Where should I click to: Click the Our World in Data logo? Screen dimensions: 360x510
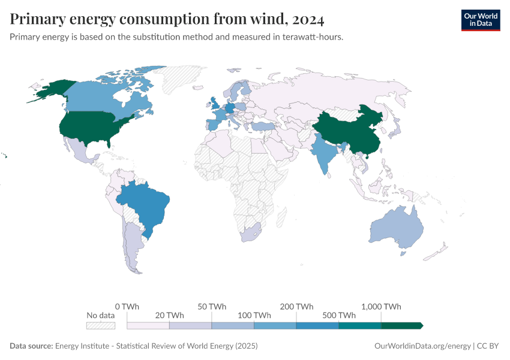(480, 20)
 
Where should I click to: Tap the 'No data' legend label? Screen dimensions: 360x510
(100, 315)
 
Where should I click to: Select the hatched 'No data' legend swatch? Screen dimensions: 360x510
(100, 325)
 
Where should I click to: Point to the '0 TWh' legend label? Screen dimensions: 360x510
(127, 307)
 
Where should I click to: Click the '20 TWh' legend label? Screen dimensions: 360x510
(170, 315)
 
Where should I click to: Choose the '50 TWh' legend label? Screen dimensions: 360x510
(212, 307)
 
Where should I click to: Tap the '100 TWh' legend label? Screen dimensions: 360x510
(254, 315)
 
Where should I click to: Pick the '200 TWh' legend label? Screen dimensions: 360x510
(296, 307)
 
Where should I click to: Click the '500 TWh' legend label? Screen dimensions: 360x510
(339, 315)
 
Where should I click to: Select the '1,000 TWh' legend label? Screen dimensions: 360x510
(381, 307)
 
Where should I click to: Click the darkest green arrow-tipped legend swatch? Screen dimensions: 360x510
(402, 325)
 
